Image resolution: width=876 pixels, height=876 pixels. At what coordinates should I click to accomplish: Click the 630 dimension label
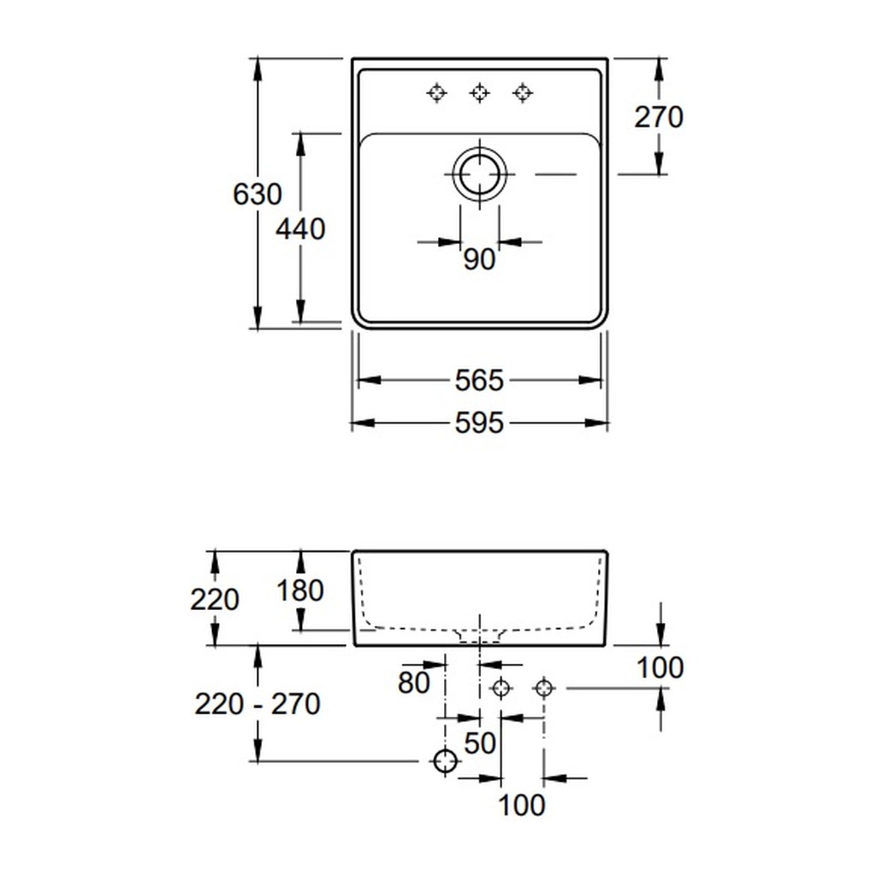tap(257, 194)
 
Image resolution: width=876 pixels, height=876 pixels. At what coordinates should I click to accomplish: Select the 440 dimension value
tap(300, 229)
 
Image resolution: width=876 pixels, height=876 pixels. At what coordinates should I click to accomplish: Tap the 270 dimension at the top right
tap(659, 117)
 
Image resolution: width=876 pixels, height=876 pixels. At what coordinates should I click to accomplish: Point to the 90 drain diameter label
tap(479, 259)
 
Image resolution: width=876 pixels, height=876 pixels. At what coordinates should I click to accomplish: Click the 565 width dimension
tap(479, 381)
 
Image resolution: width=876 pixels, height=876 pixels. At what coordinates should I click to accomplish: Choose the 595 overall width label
tap(479, 423)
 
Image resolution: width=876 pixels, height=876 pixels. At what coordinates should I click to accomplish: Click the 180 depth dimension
tap(300, 590)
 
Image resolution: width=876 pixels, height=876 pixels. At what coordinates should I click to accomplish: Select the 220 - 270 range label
tap(257, 704)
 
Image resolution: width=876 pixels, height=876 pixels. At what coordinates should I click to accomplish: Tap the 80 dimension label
tap(414, 682)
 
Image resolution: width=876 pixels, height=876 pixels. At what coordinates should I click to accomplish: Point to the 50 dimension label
tap(480, 743)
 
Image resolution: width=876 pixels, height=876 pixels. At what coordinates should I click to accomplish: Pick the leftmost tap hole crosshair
tap(437, 92)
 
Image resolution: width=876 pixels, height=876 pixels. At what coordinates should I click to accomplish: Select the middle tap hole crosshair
tap(479, 92)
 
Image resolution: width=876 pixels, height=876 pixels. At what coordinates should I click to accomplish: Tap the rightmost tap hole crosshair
tap(523, 92)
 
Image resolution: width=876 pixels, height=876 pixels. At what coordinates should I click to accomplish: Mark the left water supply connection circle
tap(500, 688)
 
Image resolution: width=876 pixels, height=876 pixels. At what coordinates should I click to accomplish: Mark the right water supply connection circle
tap(544, 688)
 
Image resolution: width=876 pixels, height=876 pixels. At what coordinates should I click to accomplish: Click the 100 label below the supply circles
tap(521, 805)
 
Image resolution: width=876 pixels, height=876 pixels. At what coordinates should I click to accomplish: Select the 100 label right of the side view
tap(660, 667)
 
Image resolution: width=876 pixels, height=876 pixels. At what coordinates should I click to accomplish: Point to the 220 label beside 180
tap(215, 600)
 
